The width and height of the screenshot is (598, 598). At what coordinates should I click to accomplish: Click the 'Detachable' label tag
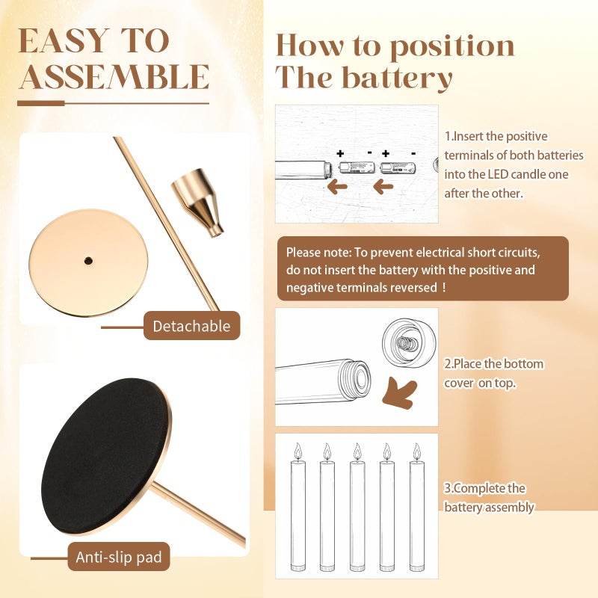tap(191, 326)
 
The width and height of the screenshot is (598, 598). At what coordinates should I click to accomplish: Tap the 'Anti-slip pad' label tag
tap(119, 557)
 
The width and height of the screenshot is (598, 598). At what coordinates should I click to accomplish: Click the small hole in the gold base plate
tap(88, 261)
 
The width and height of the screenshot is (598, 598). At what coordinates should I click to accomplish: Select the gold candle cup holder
tap(197, 203)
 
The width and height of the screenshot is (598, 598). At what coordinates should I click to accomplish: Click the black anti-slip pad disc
tap(104, 456)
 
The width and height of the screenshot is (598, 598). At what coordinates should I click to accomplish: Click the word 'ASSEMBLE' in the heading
tap(114, 77)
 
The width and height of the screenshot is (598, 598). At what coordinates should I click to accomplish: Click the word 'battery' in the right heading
tap(397, 78)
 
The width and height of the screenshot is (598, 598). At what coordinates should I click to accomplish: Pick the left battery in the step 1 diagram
tap(357, 167)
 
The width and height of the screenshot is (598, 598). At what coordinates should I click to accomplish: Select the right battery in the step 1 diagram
tap(398, 167)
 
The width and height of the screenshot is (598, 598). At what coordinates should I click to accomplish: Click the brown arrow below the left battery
tap(338, 187)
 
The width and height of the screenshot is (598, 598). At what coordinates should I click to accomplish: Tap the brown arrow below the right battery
tap(383, 187)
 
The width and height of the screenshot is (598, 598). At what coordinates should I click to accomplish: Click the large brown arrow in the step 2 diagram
tap(399, 394)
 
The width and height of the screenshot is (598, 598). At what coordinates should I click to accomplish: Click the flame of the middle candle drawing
tap(357, 451)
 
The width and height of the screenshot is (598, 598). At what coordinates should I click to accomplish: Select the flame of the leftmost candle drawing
tap(298, 451)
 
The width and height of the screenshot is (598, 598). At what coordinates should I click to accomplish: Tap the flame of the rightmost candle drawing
tap(417, 451)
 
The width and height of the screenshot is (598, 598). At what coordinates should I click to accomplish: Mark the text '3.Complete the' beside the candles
tap(484, 488)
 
